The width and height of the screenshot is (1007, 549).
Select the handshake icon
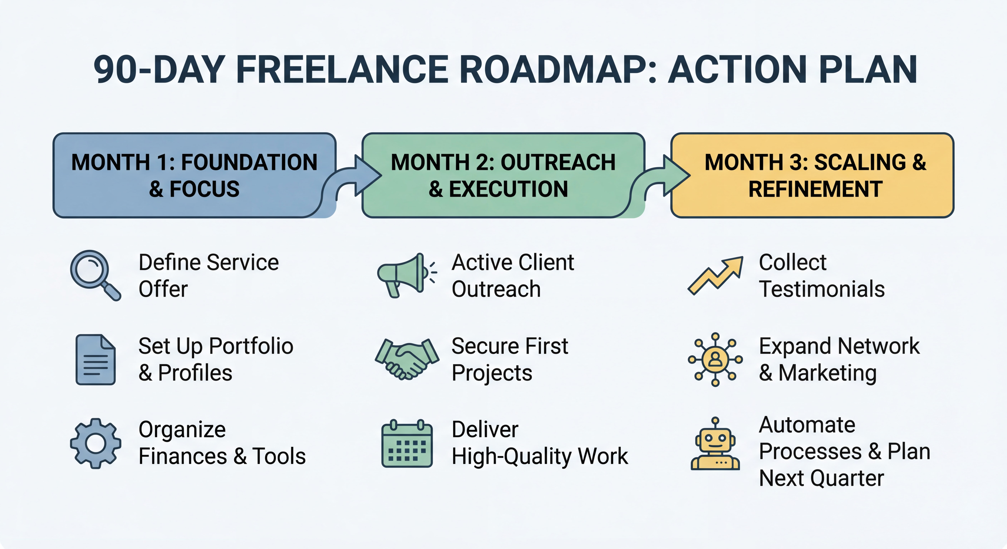coord(407,359)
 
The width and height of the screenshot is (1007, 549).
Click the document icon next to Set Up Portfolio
coord(95,360)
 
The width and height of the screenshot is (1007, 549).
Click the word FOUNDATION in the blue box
coord(249,163)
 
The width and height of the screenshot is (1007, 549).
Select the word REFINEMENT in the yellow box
coord(816,189)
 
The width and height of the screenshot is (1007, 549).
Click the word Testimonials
coord(822,289)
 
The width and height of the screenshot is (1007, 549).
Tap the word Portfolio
coord(251,346)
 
